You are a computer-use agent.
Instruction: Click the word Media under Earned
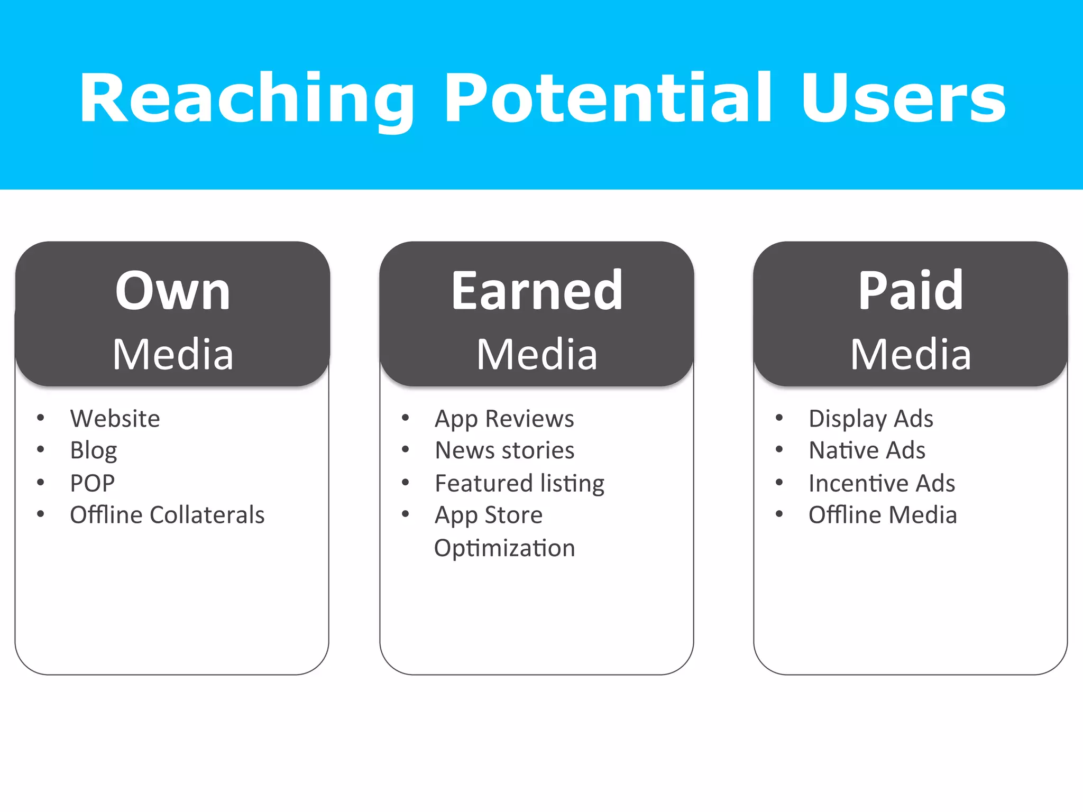tap(537, 354)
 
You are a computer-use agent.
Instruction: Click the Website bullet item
tap(115, 419)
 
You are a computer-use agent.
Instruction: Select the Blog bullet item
tap(93, 451)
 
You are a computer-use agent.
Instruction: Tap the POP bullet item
tap(92, 483)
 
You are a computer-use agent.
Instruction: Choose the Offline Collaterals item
tap(167, 515)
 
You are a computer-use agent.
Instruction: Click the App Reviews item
tap(504, 419)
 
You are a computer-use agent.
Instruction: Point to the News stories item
tap(504, 451)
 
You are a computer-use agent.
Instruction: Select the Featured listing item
tap(519, 483)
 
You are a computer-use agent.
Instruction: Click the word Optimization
tap(504, 548)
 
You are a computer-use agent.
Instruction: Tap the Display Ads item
tap(870, 419)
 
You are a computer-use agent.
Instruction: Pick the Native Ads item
tap(867, 451)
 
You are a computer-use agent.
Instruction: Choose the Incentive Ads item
tap(882, 483)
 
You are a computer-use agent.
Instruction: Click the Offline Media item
tap(882, 515)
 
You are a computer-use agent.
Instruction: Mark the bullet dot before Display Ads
tap(779, 418)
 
